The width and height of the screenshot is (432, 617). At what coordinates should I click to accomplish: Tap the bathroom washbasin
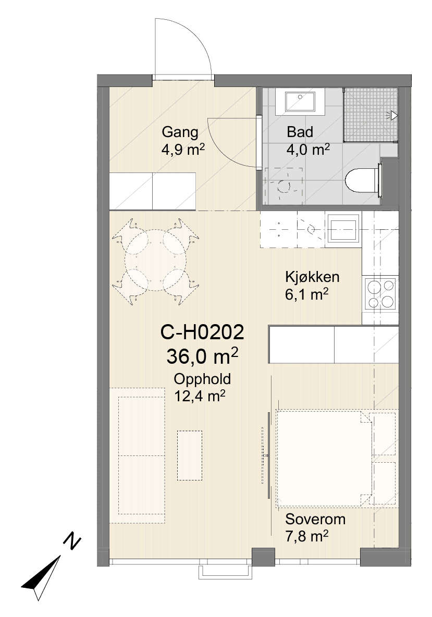(x=300, y=102)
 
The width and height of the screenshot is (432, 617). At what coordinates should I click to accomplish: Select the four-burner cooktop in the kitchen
(x=380, y=293)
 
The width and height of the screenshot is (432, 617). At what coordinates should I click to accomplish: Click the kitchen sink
(x=344, y=229)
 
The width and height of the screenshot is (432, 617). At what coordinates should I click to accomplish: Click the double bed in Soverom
(x=325, y=459)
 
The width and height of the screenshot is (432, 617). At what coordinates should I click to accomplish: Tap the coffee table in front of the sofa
(x=190, y=455)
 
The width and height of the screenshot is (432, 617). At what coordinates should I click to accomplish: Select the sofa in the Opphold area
(x=137, y=455)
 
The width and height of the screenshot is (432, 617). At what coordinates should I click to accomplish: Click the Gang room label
(x=180, y=132)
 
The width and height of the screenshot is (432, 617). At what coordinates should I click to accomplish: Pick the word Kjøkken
(x=312, y=277)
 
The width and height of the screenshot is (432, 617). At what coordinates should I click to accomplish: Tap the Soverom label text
(x=316, y=519)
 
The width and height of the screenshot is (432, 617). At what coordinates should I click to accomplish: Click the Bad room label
(x=300, y=132)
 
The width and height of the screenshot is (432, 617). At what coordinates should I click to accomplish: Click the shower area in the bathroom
(x=371, y=115)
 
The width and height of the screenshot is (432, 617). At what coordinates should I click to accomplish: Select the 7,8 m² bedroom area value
(x=307, y=536)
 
